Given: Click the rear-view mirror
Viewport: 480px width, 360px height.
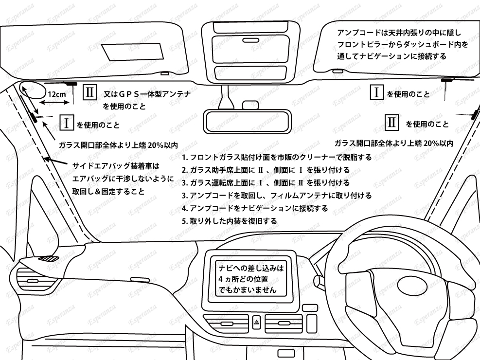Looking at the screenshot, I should coord(246,120).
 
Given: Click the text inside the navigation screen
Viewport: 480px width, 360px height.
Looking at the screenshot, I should coord(250,279).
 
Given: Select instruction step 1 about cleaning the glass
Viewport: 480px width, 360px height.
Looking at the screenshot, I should coord(277,158).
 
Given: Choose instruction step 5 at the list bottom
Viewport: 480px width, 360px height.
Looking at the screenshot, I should coord(229,221).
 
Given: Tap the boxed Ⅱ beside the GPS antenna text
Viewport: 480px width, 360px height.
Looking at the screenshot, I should coord(90,92).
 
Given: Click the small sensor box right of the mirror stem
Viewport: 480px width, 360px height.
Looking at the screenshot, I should coord(250,105).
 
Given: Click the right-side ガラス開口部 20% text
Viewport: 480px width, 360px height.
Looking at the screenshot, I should coord(394,144).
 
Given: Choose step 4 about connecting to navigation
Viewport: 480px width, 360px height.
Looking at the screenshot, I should coord(254,208).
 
